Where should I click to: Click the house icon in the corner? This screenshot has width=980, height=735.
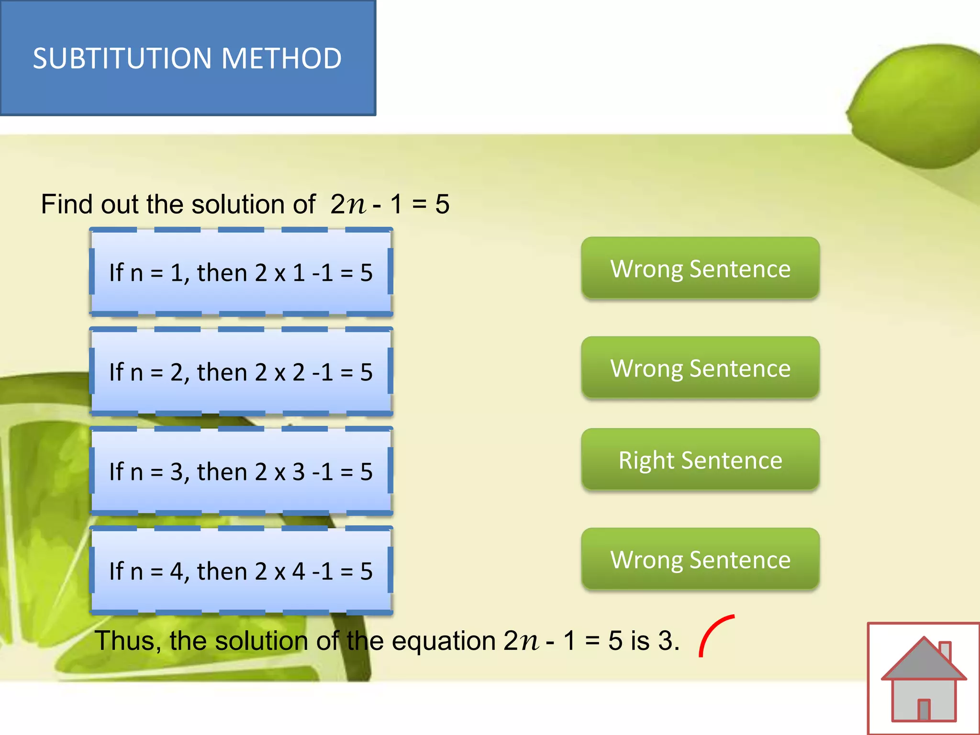pos(924,679)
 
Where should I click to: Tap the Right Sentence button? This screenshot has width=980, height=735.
pos(700,460)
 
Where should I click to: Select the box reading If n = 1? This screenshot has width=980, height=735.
pos(241,272)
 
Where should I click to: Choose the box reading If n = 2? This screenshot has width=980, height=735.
pos(241,372)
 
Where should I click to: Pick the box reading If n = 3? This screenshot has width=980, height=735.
pos(241,471)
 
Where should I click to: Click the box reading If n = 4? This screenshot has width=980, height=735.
pos(241,571)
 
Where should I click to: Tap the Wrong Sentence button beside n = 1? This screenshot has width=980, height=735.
pos(700,268)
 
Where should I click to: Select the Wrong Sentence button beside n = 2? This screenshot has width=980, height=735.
pos(700,368)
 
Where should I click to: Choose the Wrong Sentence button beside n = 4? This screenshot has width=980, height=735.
pos(700,559)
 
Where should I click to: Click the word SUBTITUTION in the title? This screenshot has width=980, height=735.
pos(122,58)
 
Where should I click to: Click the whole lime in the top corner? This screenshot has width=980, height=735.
pos(919,105)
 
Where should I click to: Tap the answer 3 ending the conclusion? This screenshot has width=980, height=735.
pos(665,641)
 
